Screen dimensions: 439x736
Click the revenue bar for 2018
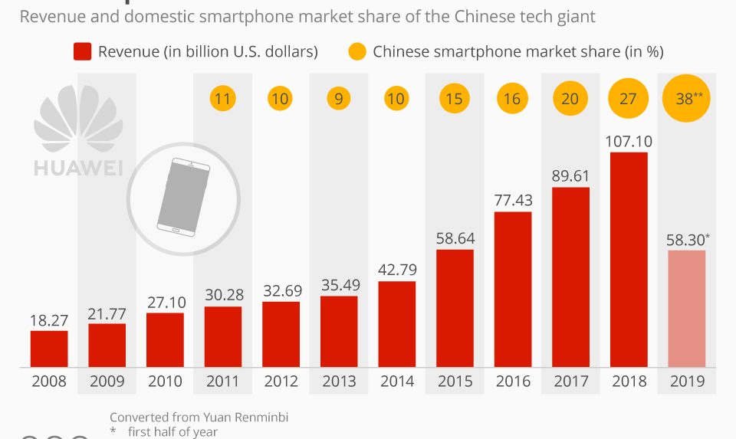[629, 259]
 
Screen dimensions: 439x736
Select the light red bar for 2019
[686, 308]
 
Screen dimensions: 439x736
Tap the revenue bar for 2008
[49, 349]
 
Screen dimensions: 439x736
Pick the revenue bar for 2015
[455, 307]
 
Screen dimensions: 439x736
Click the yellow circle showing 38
[686, 97]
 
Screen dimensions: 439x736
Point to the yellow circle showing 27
[629, 98]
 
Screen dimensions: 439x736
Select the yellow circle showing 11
[223, 98]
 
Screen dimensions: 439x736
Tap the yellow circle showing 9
[338, 98]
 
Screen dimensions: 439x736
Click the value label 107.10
[629, 141]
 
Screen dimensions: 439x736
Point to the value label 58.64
[455, 238]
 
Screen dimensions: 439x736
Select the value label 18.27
[49, 320]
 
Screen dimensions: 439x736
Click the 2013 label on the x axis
[338, 381]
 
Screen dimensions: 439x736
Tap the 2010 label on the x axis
[165, 381]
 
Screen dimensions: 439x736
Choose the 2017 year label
[570, 381]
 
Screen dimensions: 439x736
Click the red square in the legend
[83, 51]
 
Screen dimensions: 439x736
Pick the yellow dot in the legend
[357, 51]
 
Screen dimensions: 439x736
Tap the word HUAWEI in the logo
[79, 168]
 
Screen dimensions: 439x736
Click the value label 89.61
[570, 175]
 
